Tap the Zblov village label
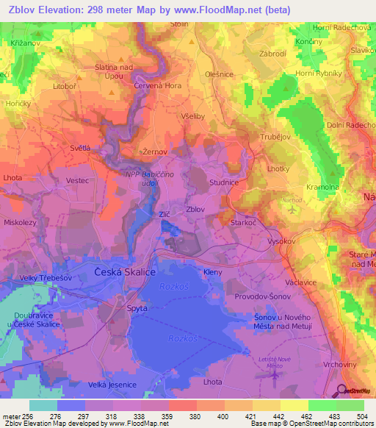[195, 210]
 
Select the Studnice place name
[223, 181]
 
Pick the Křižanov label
[26, 44]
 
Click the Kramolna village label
[324, 188]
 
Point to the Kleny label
[213, 273]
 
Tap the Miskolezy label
[21, 222]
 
